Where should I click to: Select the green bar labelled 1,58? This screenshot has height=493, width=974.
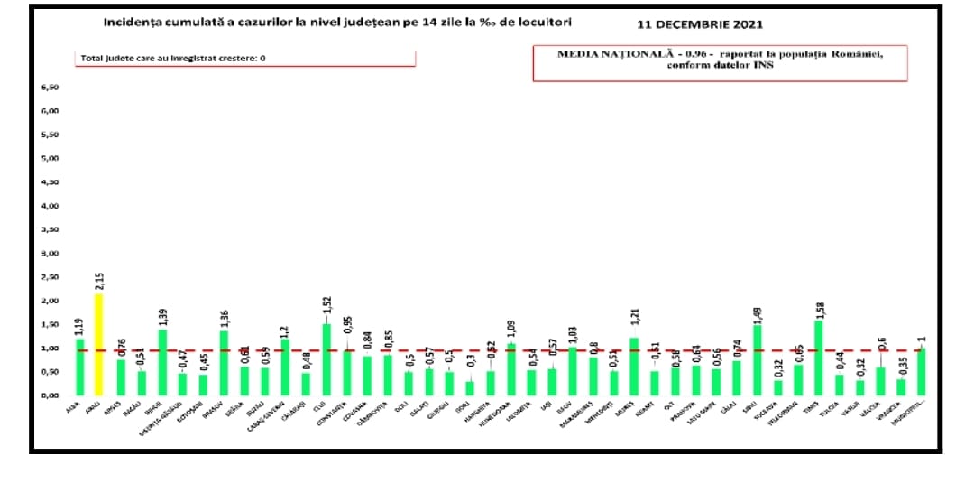(x=818, y=358)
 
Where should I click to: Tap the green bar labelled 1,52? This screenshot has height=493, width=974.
(x=326, y=359)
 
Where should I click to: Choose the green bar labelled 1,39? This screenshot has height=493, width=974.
(x=163, y=362)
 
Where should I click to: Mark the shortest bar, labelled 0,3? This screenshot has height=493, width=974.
(x=469, y=388)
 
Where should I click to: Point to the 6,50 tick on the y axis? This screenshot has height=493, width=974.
(x=50, y=88)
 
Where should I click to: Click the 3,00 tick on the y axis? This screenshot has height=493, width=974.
(x=50, y=254)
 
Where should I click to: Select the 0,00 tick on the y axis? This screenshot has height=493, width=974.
(x=50, y=395)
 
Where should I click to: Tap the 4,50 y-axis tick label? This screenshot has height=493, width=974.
(x=50, y=182)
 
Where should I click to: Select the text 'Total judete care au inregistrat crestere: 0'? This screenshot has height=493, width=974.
(x=173, y=58)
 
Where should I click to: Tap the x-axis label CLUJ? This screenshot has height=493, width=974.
(x=318, y=408)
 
